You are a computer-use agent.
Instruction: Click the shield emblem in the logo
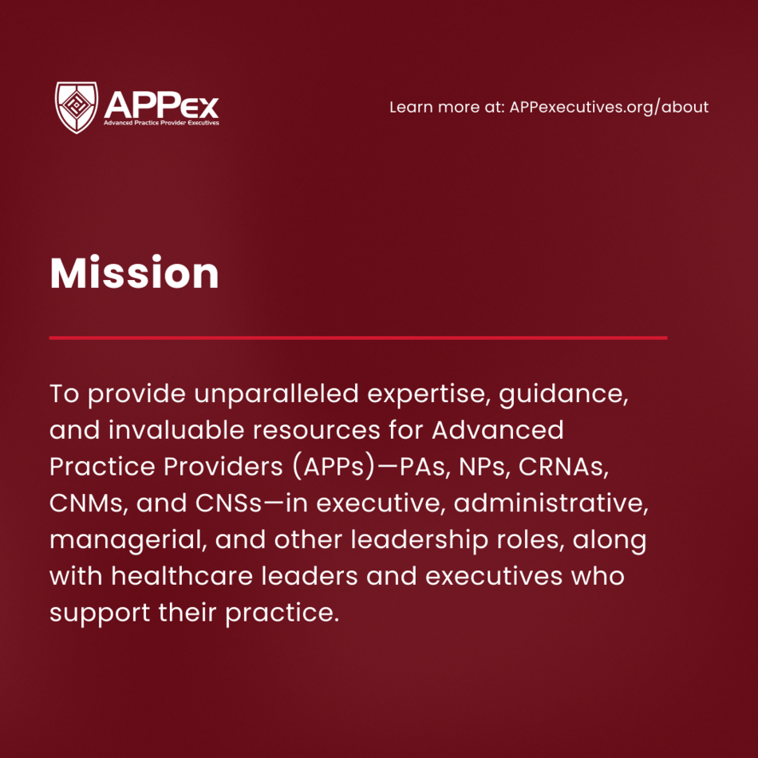point(77,108)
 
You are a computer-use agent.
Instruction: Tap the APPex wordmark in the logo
point(161,105)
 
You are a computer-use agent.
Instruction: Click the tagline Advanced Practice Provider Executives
point(161,123)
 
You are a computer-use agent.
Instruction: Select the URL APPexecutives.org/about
point(609,107)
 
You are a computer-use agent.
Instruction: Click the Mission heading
point(134,273)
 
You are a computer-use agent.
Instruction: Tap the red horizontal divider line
point(358,338)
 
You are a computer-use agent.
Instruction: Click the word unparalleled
point(277,394)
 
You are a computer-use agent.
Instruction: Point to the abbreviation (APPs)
point(334,467)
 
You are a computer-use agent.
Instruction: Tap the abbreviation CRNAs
point(563,467)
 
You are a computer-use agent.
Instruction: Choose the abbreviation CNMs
point(89,503)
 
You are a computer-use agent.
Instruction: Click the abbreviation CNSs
point(229,503)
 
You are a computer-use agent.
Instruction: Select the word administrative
point(551,503)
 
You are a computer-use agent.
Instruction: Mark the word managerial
point(128,540)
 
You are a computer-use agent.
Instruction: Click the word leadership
point(419,540)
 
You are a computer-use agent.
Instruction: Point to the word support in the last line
point(100,614)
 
